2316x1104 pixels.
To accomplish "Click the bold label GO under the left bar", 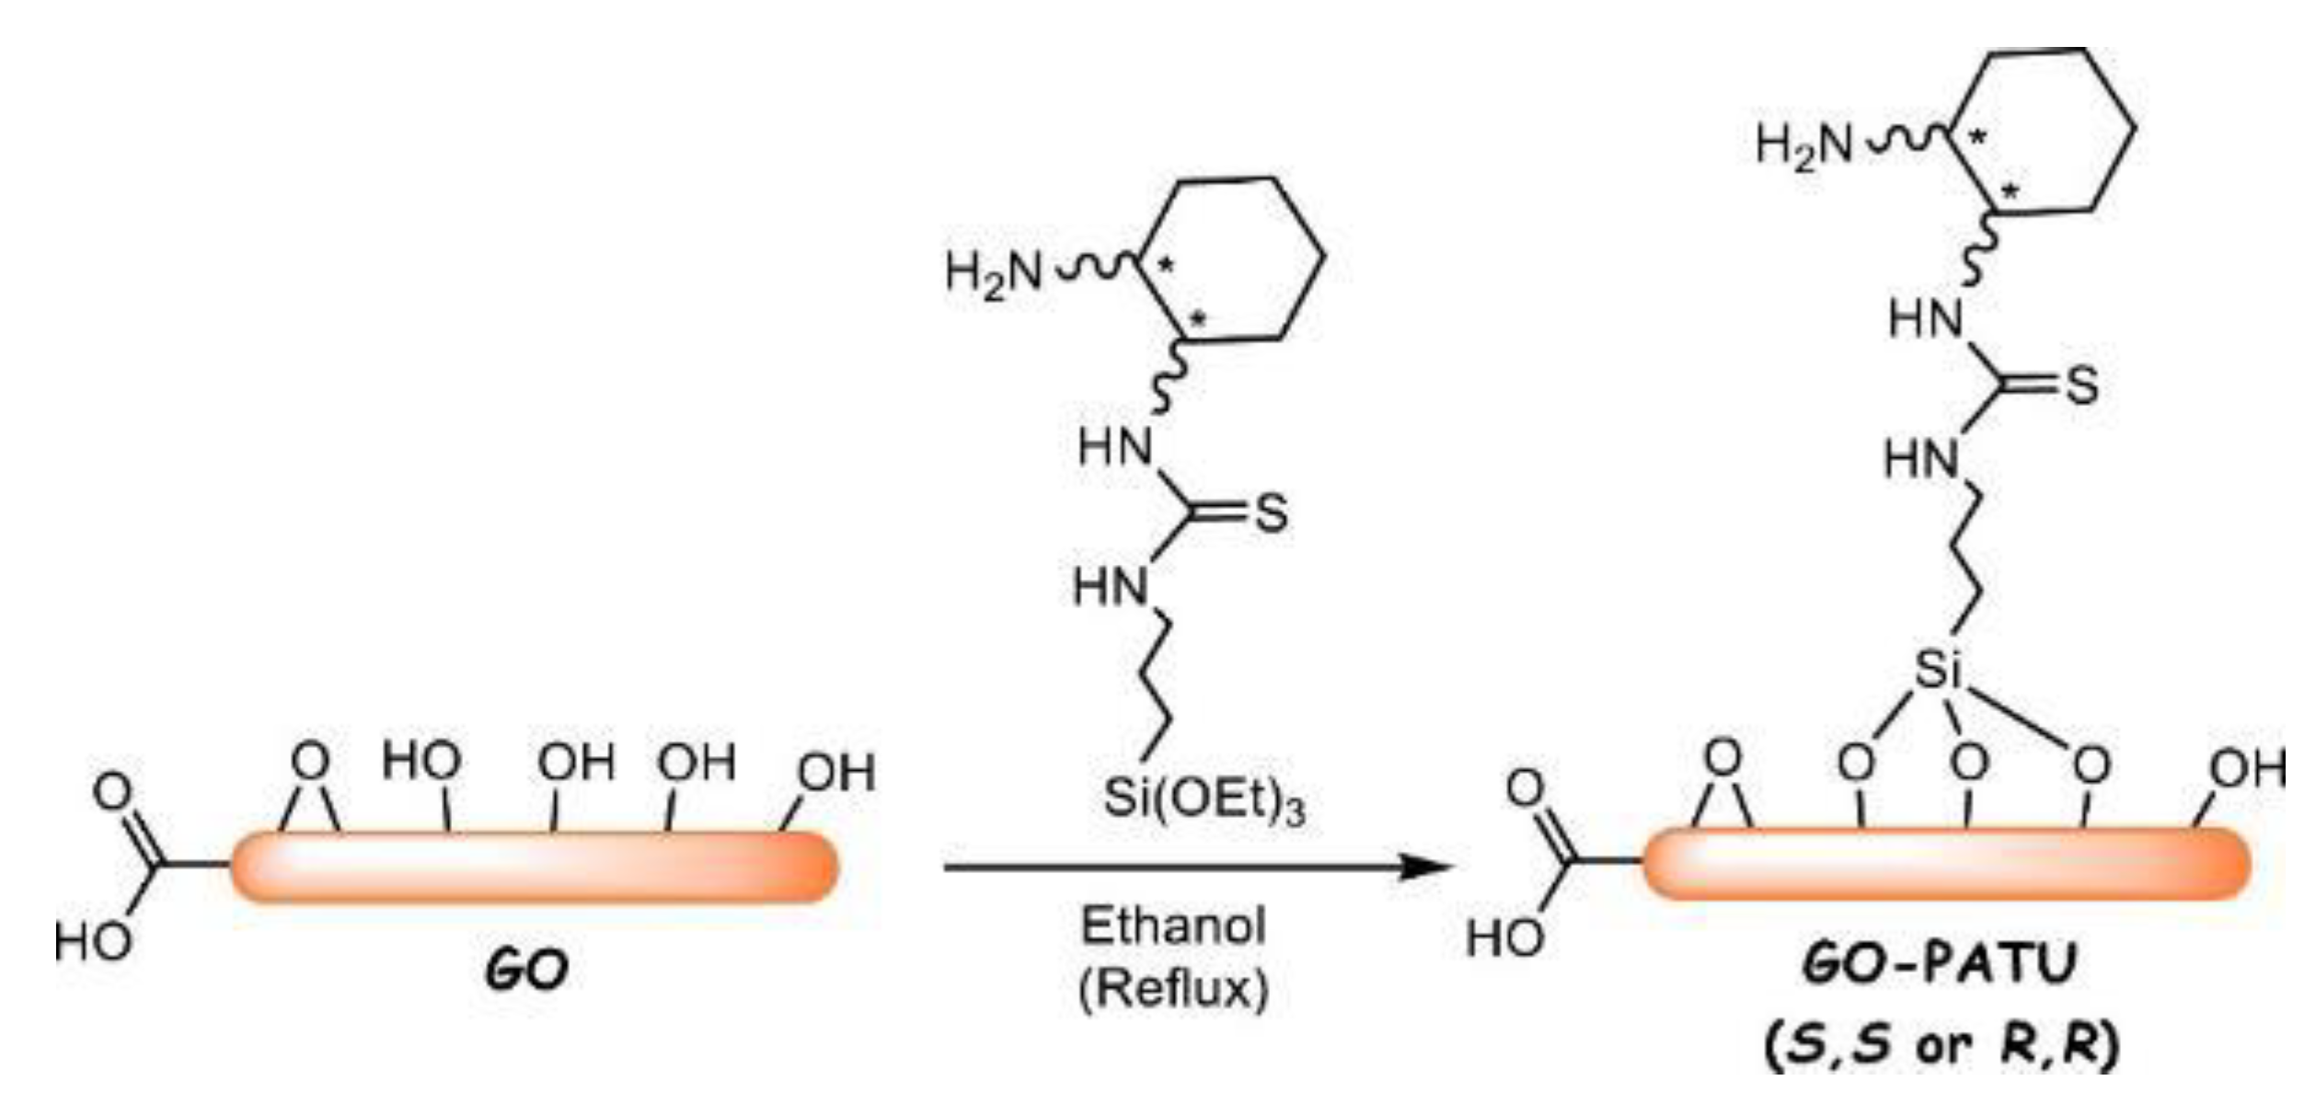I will (526, 972).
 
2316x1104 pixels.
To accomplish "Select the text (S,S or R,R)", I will (1942, 1046).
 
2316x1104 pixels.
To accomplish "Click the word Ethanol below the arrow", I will (1173, 926).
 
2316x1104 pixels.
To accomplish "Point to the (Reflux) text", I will (1173, 990).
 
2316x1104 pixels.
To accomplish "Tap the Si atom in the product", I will (1938, 670).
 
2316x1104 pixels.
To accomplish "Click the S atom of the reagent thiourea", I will (1271, 513).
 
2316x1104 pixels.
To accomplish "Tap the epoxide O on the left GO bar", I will (310, 762).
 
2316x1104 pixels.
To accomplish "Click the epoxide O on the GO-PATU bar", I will (1723, 759).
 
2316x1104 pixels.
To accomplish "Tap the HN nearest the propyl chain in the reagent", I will (1112, 587).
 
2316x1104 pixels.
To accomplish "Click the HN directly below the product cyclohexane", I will (1926, 320).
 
